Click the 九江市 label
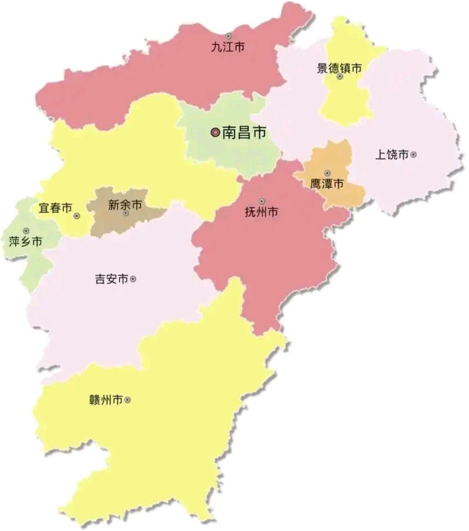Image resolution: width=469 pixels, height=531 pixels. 228,47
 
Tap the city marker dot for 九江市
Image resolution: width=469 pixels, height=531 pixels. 228,36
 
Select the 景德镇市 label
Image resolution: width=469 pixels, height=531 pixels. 339,68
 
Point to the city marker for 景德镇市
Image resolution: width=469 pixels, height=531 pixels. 340,77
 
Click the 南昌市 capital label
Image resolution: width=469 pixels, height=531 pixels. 244,133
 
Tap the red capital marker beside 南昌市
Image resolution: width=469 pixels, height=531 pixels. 215,133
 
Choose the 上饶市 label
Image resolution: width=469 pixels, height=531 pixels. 392,154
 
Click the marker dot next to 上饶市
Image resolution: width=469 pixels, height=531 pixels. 413,154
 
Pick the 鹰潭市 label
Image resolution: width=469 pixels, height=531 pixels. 327,184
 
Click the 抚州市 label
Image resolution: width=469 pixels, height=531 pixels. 261,212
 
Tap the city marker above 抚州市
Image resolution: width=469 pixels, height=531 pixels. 261,201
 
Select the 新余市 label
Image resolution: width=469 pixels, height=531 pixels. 125,205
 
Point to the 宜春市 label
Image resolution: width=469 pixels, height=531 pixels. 56,208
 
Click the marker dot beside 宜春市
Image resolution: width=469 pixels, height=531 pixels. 77,216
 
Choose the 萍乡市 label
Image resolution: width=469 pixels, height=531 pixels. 26,241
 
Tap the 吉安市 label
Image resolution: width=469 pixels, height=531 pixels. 112,279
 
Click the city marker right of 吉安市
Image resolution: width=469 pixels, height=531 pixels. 133,279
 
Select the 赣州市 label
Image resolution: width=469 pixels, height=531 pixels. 106,400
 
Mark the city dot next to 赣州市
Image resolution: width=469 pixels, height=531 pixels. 127,400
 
